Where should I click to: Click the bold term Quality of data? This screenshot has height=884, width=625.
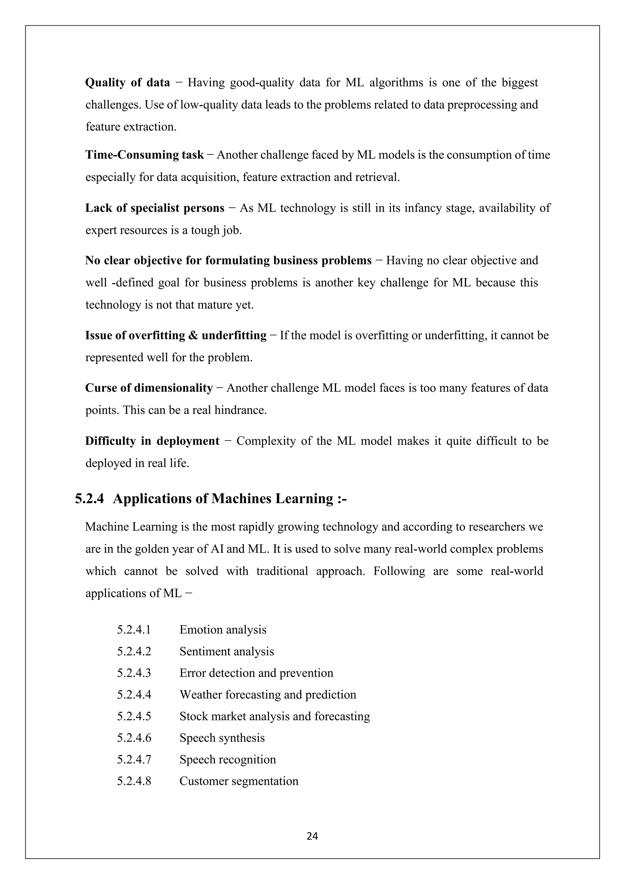(127, 83)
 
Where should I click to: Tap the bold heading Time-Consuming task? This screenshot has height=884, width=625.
(144, 155)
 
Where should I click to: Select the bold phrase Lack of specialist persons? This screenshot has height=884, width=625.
(155, 208)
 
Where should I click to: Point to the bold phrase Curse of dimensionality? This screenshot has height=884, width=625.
(149, 388)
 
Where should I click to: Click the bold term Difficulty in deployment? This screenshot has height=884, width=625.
(152, 441)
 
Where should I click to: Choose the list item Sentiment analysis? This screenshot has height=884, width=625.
(227, 651)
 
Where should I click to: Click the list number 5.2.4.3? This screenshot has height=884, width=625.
(134, 673)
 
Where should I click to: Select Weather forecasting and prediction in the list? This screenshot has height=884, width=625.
(268, 694)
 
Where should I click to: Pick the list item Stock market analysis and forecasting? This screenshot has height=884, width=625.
(275, 716)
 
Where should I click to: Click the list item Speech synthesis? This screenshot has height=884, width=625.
(222, 738)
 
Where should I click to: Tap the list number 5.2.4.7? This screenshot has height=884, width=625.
(134, 759)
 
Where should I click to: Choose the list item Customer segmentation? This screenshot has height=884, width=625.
(239, 781)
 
